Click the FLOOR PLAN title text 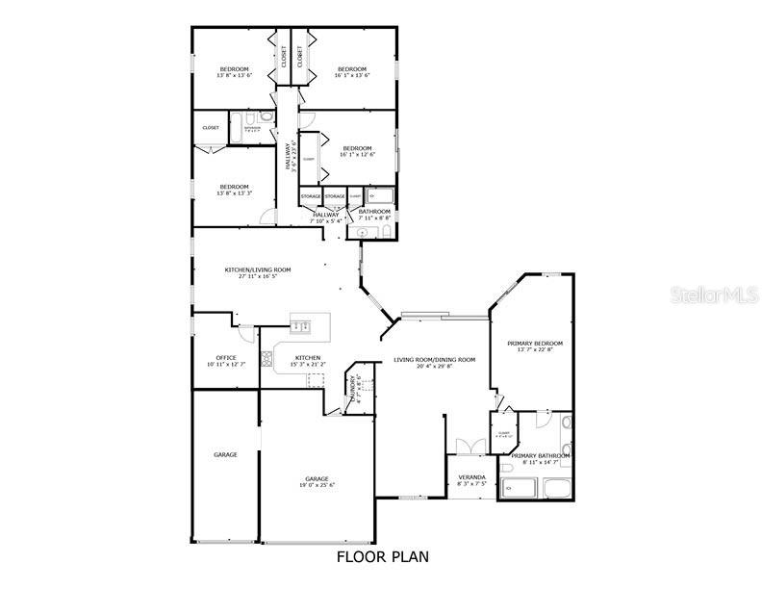click(x=382, y=556)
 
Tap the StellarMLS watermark click(x=714, y=294)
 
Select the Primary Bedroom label click(x=540, y=344)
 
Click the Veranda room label click(x=471, y=477)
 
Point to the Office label click(x=226, y=358)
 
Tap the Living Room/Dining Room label click(x=434, y=360)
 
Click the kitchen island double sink click(x=300, y=325)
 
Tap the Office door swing click(x=246, y=334)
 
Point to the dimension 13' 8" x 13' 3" click(x=234, y=193)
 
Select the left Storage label click(x=311, y=196)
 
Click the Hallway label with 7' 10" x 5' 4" click(x=325, y=220)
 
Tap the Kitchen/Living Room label click(x=258, y=270)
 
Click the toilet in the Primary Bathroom click(x=567, y=423)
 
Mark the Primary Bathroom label click(x=540, y=456)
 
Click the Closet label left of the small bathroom click(x=210, y=127)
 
